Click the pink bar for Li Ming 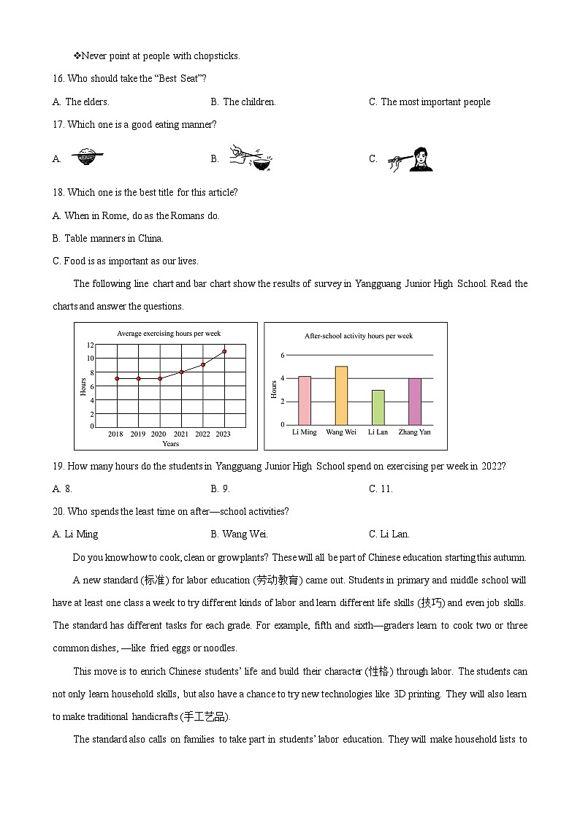coord(305,400)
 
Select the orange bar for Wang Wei coord(341,395)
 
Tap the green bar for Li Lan coord(378,407)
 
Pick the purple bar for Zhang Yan coord(414,402)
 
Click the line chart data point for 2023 coord(224,351)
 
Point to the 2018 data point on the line coord(117,378)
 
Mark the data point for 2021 coord(181,372)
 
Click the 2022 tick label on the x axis coord(202,434)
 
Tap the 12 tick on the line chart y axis coord(90,345)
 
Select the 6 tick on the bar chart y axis coord(282,355)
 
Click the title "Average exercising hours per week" coord(169,334)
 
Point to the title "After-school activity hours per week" coord(358,336)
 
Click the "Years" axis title coord(170,444)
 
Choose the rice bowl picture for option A coord(88,156)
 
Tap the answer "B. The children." coord(243,102)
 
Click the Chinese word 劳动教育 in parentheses coord(275,580)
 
